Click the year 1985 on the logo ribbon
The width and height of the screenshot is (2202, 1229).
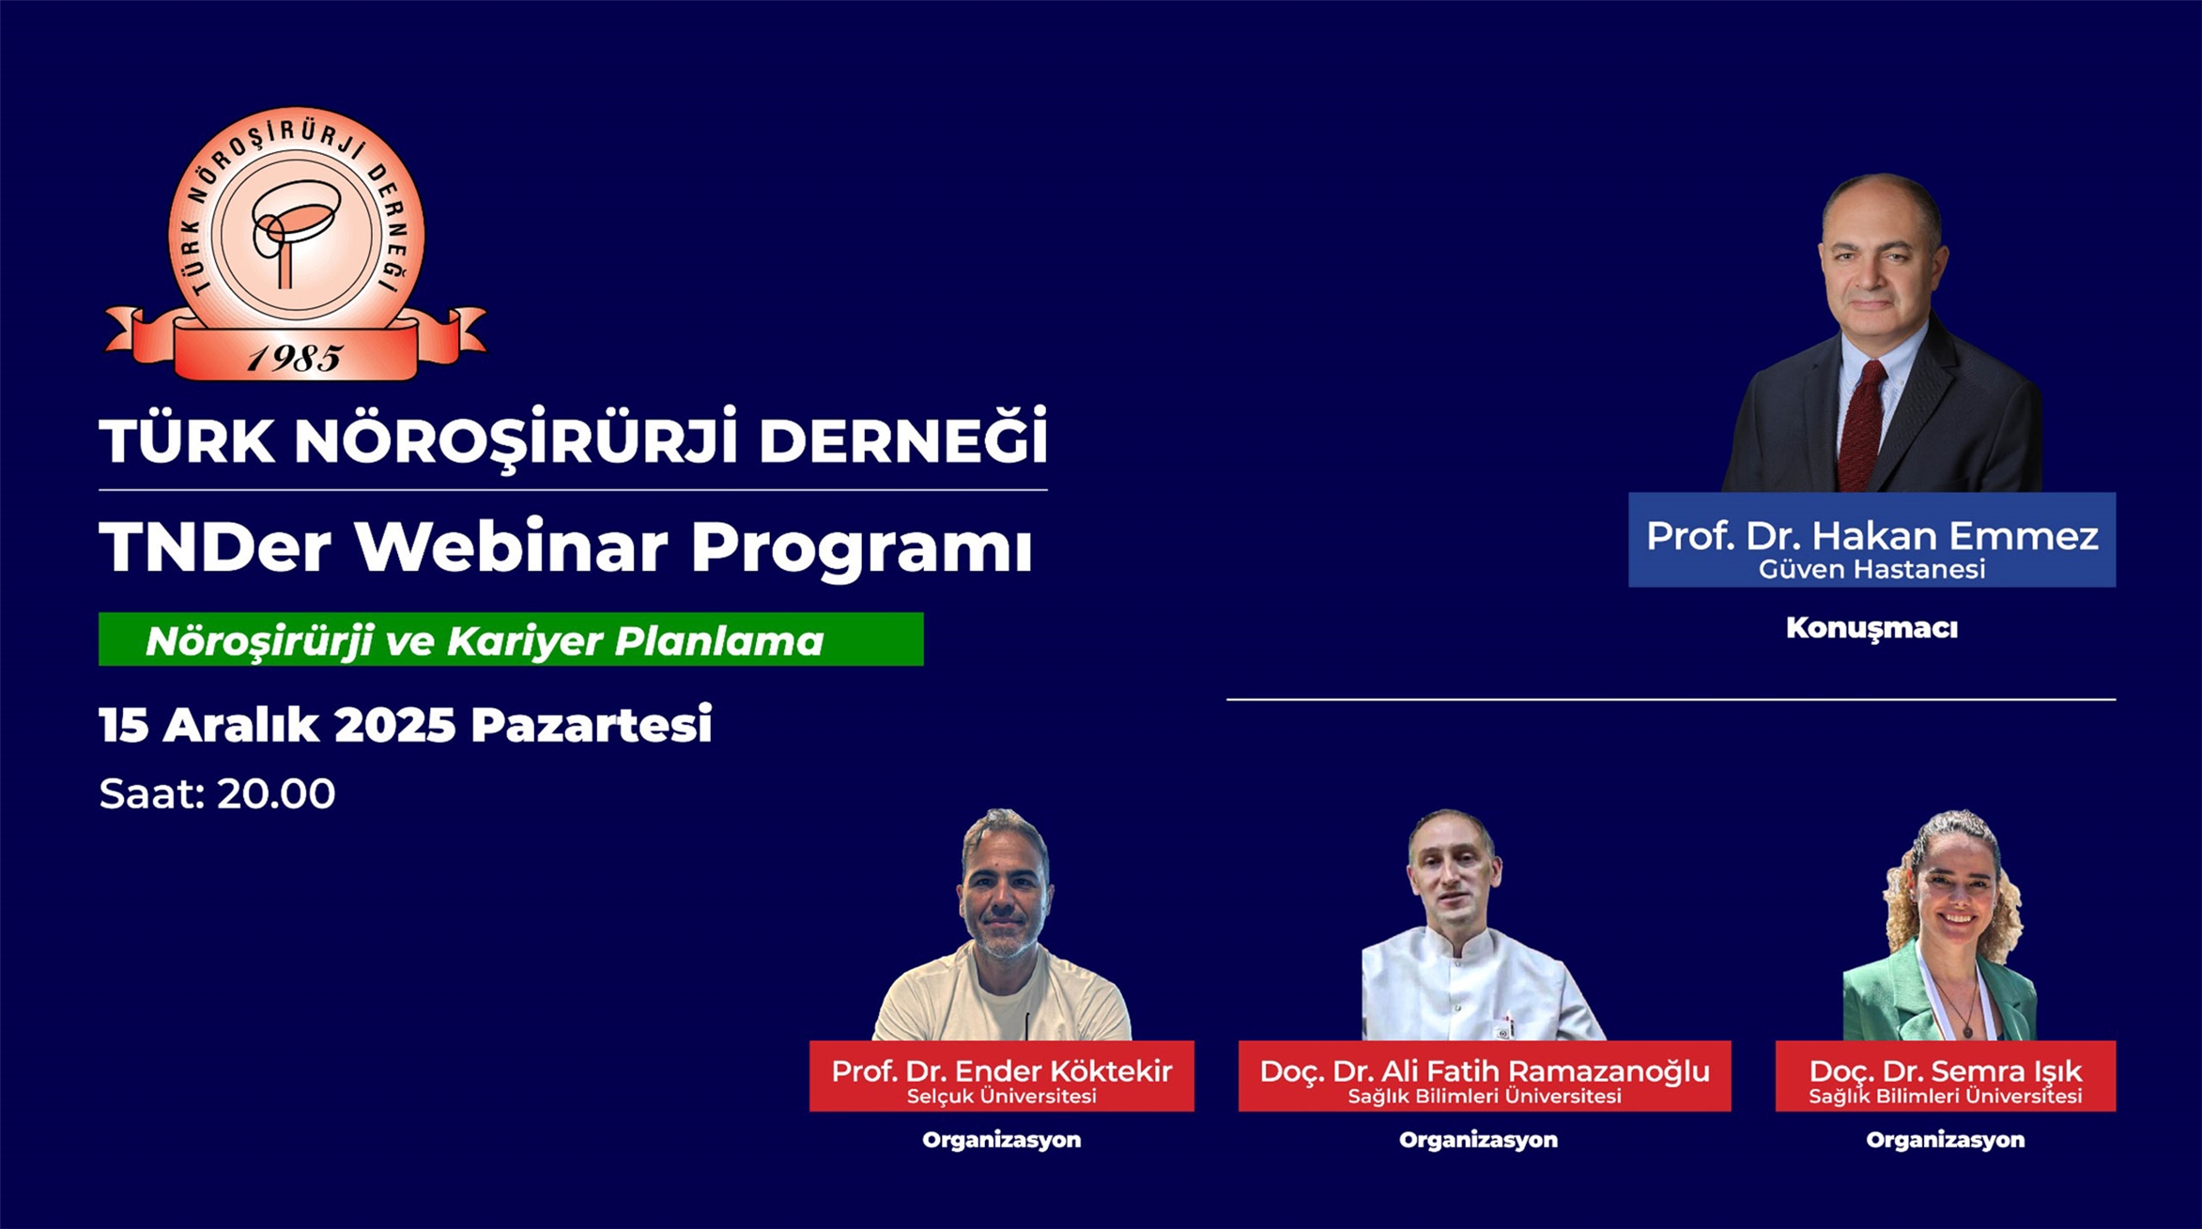coord(295,358)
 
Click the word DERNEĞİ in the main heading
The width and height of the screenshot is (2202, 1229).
coord(902,439)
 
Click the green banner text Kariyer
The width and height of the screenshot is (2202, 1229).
coord(526,641)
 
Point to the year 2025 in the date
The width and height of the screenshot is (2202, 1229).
coord(394,725)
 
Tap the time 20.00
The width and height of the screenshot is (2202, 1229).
coord(276,794)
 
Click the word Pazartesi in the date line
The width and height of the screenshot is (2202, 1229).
coord(592,725)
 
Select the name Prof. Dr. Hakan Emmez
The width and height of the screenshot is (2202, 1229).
coord(1871,535)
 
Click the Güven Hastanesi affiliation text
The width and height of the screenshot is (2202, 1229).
coord(1871,569)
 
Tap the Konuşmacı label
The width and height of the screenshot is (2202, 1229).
coord(1871,628)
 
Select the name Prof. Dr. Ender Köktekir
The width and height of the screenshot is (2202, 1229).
coord(1002,1070)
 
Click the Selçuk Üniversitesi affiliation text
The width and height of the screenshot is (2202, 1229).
coord(1002,1096)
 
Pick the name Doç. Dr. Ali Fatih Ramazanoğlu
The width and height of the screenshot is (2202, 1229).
coord(1485,1070)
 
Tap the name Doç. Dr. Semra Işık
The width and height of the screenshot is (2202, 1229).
coord(1946,1070)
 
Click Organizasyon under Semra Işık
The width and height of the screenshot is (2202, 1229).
coord(1946,1140)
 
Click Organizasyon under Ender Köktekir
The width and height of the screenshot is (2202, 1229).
coord(1002,1140)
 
